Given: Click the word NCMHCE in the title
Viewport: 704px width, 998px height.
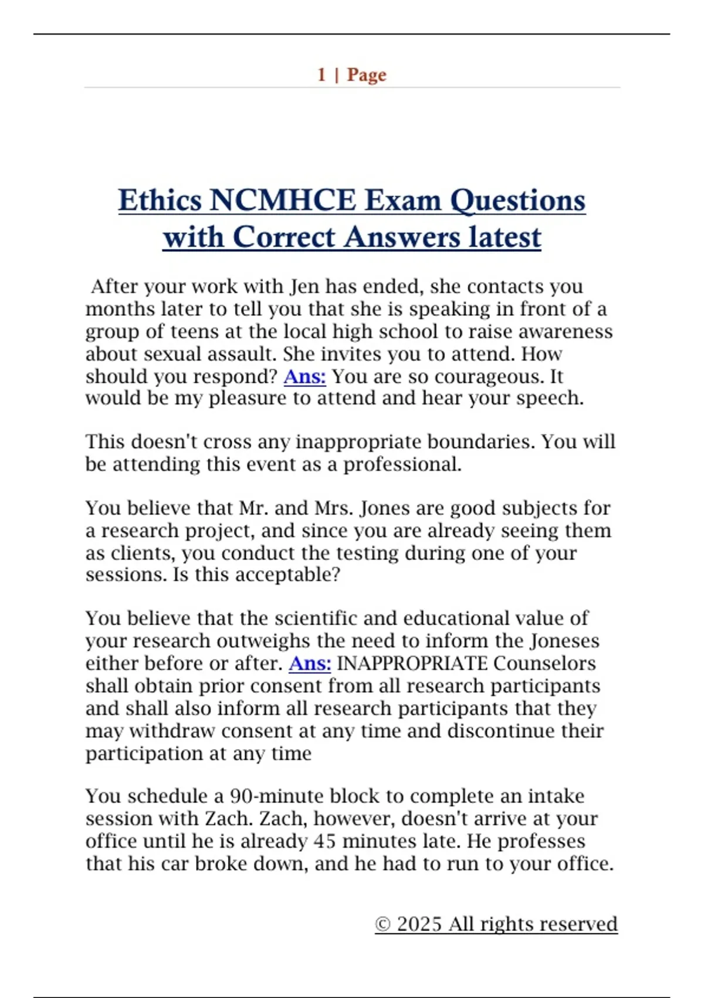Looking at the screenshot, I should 282,200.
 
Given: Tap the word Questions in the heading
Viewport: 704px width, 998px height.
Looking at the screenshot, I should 517,200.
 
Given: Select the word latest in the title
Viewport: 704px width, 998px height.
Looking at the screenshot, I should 505,238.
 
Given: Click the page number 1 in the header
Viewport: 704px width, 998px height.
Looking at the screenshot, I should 321,75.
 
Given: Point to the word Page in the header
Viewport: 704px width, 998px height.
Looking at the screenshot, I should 367,75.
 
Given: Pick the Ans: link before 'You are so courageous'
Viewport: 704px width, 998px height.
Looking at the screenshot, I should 304,376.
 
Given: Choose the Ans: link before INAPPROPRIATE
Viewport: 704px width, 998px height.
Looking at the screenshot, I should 310,663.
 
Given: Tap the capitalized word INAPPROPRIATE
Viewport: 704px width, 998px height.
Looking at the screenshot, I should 412,663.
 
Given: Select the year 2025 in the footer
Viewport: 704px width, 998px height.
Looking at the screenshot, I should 419,924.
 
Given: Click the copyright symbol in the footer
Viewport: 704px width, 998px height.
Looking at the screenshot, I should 383,924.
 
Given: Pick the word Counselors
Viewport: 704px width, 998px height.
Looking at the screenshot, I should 544,663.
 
